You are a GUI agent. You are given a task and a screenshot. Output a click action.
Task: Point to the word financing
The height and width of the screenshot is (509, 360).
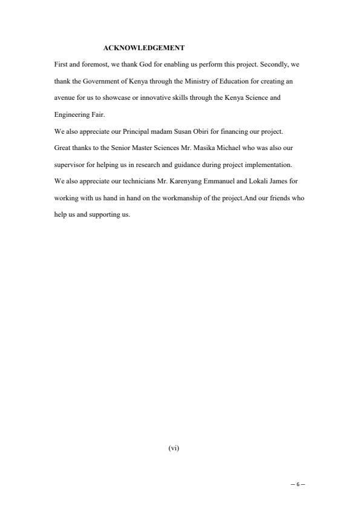[x=230, y=130]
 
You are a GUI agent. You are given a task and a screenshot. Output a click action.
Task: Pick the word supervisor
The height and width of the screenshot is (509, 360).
[x=68, y=164]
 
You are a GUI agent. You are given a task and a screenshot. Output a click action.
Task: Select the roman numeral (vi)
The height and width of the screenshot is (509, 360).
[x=174, y=448]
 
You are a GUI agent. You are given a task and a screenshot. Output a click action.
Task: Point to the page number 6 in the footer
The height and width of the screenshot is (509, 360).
[x=297, y=485]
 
